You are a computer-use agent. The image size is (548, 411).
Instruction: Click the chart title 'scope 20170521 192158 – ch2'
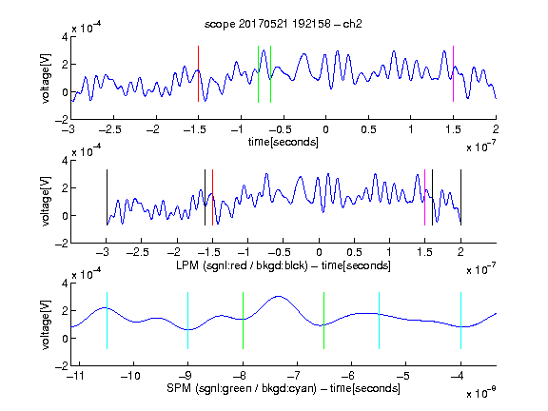pyautogui.click(x=284, y=24)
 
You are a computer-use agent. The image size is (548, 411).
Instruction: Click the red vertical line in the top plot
pyautogui.click(x=198, y=74)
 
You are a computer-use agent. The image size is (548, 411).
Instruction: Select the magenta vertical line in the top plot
pyautogui.click(x=453, y=74)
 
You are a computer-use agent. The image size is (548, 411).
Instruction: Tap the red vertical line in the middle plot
pyautogui.click(x=212, y=198)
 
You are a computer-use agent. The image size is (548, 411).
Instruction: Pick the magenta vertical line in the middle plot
pyautogui.click(x=424, y=198)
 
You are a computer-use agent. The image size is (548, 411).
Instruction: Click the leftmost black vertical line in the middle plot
pyautogui.click(x=107, y=198)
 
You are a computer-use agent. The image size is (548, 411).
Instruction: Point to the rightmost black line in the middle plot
pyautogui.click(x=461, y=198)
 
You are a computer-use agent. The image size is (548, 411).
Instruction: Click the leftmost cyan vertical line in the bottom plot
pyautogui.click(x=107, y=321)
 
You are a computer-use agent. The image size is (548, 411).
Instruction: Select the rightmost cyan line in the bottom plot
pyautogui.click(x=461, y=321)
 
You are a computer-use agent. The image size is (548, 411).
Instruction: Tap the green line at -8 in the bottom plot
pyautogui.click(x=243, y=321)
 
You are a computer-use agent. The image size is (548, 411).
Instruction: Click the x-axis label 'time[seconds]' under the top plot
pyautogui.click(x=284, y=142)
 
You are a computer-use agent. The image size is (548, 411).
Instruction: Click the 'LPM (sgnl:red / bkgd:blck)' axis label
pyautogui.click(x=242, y=265)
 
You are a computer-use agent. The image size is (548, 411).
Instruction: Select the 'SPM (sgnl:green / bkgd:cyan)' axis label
pyautogui.click(x=242, y=388)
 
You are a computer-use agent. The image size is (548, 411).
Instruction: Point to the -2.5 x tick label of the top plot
pyautogui.click(x=110, y=129)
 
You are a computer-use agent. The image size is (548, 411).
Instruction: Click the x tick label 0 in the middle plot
pyautogui.click(x=319, y=252)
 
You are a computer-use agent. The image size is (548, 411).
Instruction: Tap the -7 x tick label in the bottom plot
pyautogui.click(x=294, y=376)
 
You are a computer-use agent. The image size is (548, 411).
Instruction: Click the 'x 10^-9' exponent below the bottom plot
pyautogui.click(x=480, y=392)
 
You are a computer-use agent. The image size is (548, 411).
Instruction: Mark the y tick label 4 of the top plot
pyautogui.click(x=65, y=36)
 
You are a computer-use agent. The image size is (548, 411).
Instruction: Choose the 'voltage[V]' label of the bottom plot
pyautogui.click(x=46, y=324)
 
